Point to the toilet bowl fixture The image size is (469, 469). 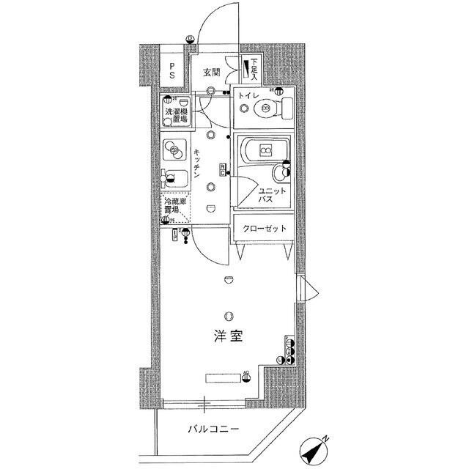tap(263, 111)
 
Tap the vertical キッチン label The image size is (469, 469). tap(199, 165)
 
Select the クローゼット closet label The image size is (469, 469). tap(265, 228)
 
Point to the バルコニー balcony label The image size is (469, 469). tap(212, 429)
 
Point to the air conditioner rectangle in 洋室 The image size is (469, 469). tap(223, 379)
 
